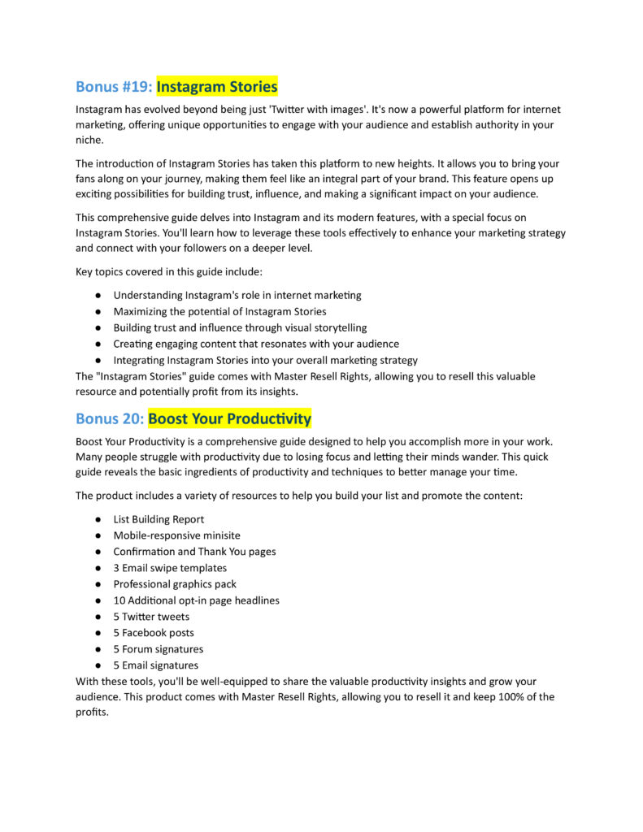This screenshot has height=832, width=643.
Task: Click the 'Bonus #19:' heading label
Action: point(113,86)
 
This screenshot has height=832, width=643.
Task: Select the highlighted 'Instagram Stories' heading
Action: point(217,86)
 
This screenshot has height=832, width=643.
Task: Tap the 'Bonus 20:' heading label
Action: point(110,419)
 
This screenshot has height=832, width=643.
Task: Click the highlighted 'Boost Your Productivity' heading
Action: point(229,419)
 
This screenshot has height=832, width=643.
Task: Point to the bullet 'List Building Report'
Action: point(159,519)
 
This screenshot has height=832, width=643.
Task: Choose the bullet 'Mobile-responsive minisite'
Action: point(176,535)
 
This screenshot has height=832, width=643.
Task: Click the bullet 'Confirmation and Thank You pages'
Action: point(194,552)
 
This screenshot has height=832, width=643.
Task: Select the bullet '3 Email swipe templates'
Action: point(170,568)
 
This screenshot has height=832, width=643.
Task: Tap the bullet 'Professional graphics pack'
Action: point(175,584)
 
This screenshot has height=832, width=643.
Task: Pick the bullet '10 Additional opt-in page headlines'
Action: point(196,600)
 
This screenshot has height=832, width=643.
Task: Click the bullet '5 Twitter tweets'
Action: point(151,617)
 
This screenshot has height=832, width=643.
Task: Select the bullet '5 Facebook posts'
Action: point(154,633)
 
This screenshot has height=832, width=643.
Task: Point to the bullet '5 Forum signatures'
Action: point(159,649)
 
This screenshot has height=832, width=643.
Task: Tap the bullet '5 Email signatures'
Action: point(155,665)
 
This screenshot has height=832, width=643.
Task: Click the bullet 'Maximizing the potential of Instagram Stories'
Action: point(219,311)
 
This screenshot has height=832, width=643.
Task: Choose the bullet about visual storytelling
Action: point(240,327)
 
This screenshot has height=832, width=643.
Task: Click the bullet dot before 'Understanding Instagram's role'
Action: point(98,296)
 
